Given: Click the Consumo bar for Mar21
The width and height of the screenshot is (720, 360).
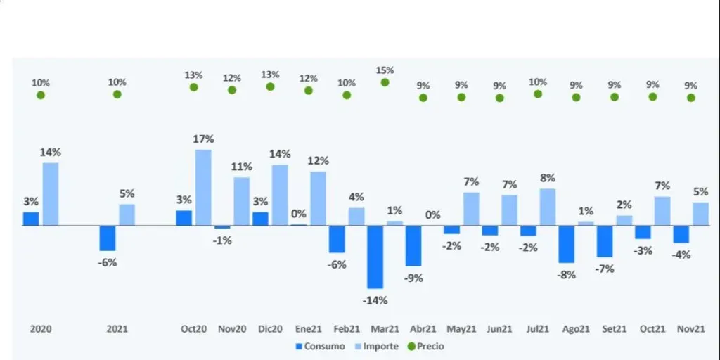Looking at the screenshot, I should tap(375, 257).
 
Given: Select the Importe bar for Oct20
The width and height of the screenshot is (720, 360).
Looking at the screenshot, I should tap(203, 187).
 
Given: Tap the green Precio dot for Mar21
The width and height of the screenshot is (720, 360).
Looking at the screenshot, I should tap(385, 82).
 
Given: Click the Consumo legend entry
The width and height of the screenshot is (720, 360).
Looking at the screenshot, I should tap(321, 346).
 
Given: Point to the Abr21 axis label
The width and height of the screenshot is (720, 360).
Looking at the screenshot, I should tap(423, 328).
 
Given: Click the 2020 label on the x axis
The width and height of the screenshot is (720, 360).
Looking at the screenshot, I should tap(41, 328).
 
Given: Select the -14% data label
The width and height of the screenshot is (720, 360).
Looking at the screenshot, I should tap(375, 300).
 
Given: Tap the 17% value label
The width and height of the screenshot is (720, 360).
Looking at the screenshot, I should tap(203, 139).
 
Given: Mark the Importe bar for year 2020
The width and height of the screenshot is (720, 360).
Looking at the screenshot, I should tap(51, 194).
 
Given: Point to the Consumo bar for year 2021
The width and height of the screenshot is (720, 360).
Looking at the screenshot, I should tap(108, 238).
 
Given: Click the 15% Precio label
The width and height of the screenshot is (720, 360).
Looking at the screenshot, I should tap(385, 70).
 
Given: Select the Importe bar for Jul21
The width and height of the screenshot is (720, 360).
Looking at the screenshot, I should tap(548, 207).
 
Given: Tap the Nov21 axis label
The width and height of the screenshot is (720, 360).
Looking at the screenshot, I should tap(691, 328).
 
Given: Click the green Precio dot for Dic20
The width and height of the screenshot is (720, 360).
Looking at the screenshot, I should tap(270, 86).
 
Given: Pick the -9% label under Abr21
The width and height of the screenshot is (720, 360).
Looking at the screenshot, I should tap(413, 278).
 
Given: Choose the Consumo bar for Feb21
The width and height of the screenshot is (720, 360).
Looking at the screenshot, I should tap(337, 239).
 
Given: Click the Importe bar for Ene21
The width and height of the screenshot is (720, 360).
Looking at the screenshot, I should tap(319, 198).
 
